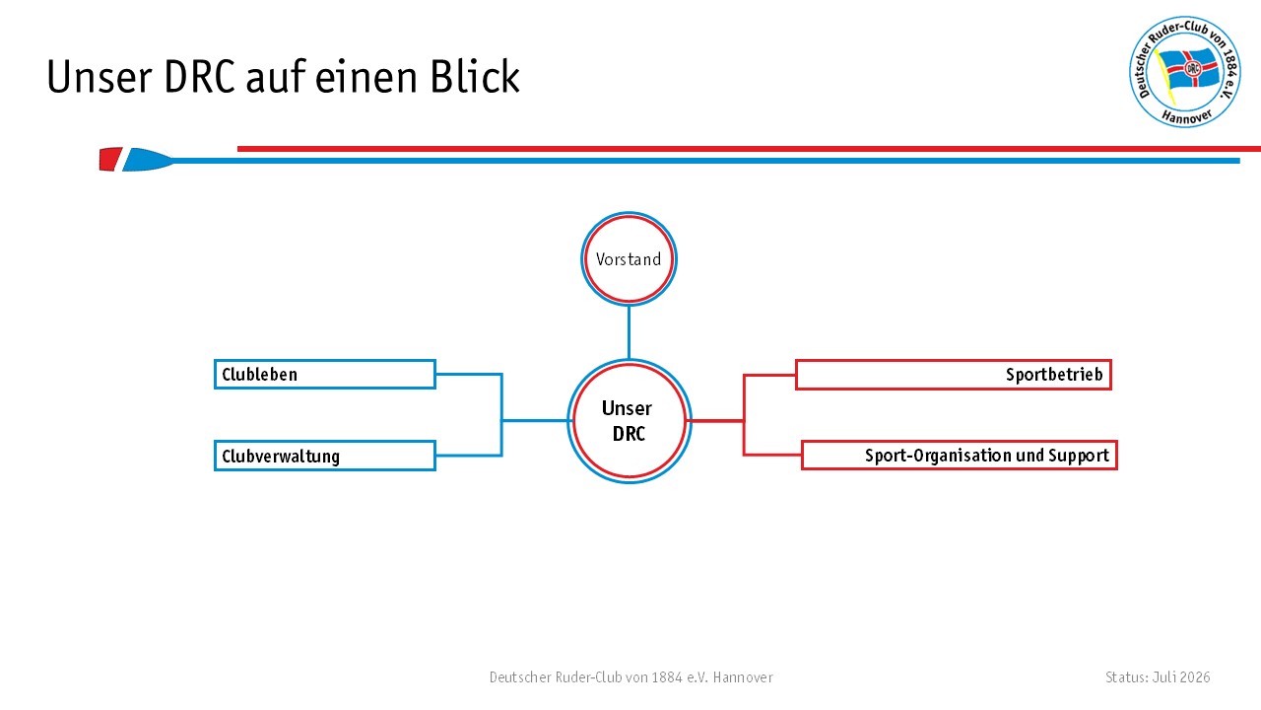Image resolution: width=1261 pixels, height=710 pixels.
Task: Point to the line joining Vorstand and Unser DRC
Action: point(629,332)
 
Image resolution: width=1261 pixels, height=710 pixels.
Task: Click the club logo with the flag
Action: point(1185,72)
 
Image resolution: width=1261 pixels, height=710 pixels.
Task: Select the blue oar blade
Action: point(148,160)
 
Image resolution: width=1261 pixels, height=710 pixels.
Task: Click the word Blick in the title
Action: point(475,77)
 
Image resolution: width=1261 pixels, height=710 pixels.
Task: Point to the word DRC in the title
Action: point(199,77)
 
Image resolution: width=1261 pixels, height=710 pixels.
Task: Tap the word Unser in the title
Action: point(100,77)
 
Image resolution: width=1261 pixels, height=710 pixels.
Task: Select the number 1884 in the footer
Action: point(667,677)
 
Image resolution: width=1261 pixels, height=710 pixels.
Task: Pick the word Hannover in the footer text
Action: point(743,677)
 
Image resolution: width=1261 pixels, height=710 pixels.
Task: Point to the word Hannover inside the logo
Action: point(1186,116)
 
